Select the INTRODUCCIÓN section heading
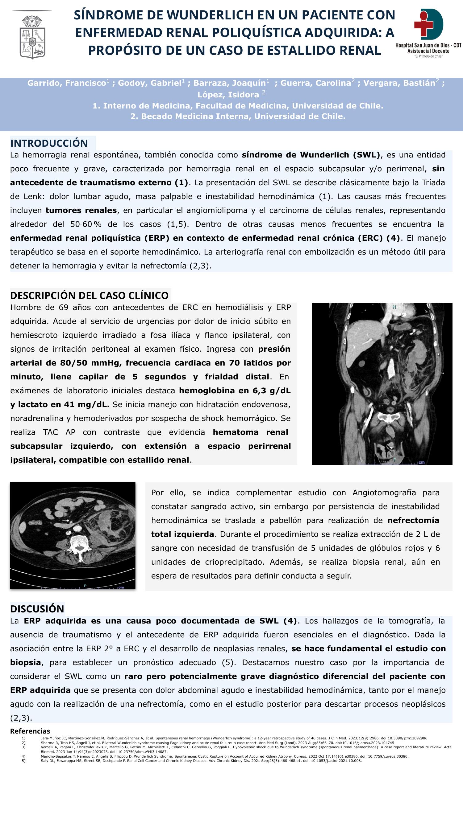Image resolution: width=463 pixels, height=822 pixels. click(x=49, y=143)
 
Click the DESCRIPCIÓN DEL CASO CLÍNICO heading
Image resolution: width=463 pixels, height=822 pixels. click(x=89, y=296)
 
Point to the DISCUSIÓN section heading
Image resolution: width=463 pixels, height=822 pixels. click(x=37, y=609)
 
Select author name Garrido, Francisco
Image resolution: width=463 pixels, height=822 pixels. click(x=66, y=83)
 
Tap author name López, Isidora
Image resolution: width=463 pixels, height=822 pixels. click(x=228, y=95)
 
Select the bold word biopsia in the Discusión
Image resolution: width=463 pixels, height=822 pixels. click(x=26, y=662)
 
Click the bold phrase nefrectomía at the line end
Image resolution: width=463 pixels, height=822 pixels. click(x=413, y=521)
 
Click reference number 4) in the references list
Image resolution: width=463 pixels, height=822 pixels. click(x=23, y=756)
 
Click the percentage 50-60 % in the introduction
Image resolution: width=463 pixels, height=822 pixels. click(x=86, y=224)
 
